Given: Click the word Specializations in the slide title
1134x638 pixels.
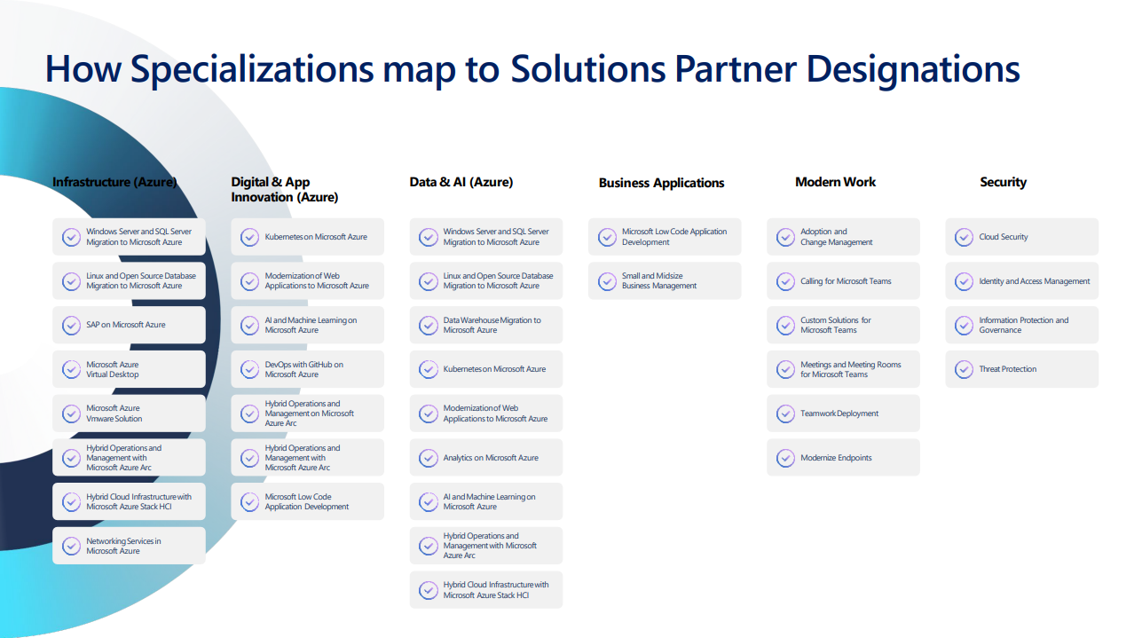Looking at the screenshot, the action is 252,69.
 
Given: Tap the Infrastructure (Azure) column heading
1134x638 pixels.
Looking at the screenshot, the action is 114,182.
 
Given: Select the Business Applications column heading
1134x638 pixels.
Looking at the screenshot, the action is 661,182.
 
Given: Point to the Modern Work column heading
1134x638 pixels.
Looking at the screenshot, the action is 835,182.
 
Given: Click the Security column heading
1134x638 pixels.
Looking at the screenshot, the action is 1003,182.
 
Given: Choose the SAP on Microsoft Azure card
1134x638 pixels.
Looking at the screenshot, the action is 129,325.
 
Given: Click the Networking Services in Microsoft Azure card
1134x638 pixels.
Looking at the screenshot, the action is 129,546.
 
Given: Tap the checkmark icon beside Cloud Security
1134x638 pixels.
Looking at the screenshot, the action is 964,237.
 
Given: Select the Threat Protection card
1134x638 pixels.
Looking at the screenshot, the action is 1021,369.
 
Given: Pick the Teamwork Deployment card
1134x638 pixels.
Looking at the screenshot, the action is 843,414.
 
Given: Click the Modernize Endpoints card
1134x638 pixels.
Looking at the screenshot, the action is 843,457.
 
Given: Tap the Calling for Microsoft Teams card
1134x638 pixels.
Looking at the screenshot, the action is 843,280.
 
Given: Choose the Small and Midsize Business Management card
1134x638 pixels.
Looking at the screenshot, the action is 665,280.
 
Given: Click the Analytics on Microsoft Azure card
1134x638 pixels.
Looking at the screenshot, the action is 486,457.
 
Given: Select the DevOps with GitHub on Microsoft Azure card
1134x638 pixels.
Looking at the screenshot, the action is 307,369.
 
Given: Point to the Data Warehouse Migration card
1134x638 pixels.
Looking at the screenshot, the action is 486,325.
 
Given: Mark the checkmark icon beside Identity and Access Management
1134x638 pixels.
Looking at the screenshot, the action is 964,281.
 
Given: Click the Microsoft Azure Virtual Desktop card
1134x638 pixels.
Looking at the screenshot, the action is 129,369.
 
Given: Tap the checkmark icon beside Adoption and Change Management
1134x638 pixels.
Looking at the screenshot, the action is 785,237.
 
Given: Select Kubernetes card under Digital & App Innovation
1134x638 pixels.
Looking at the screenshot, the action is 307,236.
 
